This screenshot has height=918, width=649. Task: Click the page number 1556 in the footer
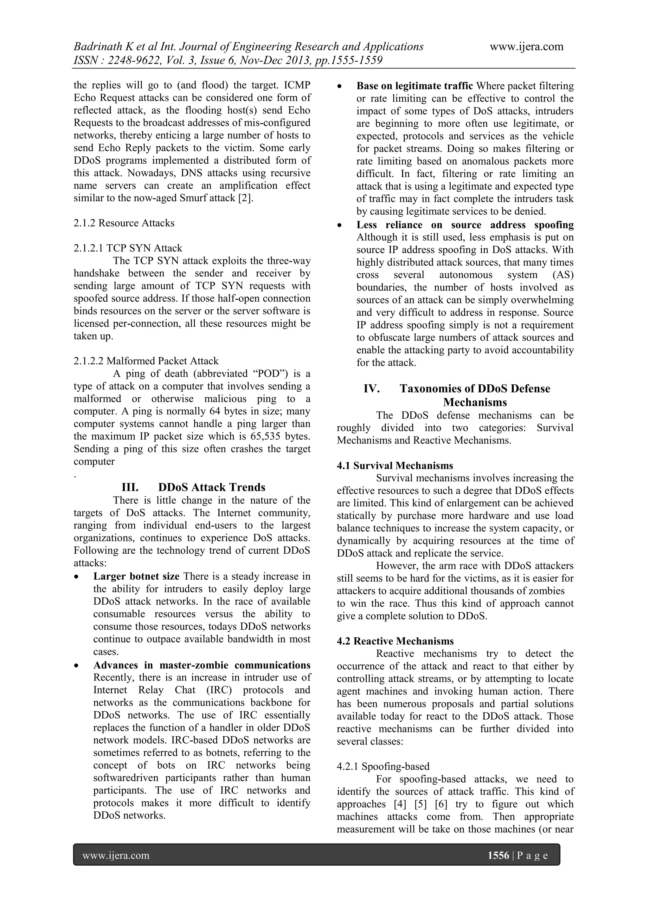(498, 856)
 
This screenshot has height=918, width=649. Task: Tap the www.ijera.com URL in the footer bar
(116, 856)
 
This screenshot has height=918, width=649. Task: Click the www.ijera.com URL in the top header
(526, 47)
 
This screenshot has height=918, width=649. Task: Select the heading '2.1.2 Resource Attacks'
(124, 223)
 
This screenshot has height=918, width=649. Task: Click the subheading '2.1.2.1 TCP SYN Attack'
(128, 248)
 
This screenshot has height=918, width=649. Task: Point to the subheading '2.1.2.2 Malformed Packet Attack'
(146, 361)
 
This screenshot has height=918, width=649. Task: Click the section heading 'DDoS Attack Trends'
(212, 487)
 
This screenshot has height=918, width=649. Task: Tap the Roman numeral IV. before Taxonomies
(372, 389)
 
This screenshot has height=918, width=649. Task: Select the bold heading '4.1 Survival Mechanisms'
(395, 466)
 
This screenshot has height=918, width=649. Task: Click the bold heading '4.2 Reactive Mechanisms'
(395, 641)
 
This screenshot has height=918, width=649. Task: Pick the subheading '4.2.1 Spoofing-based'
(383, 766)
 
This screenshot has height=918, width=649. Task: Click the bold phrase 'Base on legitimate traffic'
(414, 86)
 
